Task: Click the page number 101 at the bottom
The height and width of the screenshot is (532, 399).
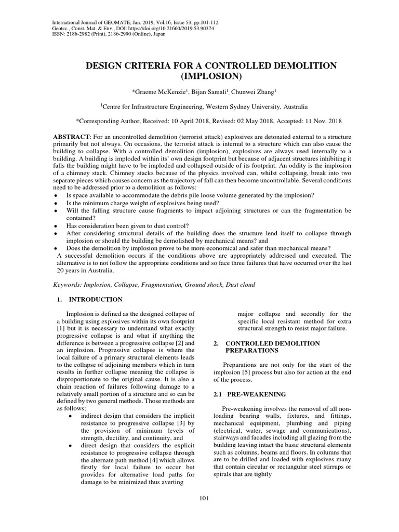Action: coord(204,499)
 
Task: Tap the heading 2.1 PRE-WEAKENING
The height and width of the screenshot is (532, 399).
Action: coord(243,394)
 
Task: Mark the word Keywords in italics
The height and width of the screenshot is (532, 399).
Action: coord(69,285)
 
